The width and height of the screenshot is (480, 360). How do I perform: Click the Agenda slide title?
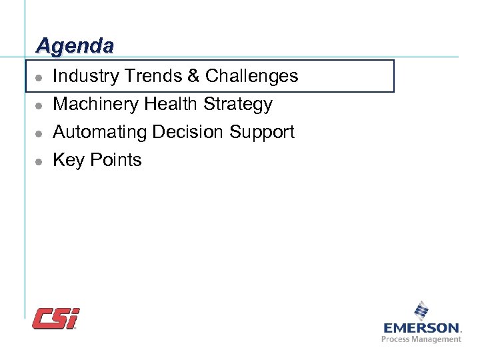pos(75,45)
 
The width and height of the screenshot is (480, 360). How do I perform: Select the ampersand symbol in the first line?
pos(193,76)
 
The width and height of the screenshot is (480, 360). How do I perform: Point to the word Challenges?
pos(251,76)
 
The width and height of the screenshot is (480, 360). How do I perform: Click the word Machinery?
pos(95,104)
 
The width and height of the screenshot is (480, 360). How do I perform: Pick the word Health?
pos(171,104)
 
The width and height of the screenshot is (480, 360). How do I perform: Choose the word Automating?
pos(100,132)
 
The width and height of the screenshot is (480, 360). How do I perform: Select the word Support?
pos(261,133)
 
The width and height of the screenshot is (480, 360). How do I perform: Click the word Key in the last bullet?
pos(67,160)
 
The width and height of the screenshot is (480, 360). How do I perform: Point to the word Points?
pos(114,160)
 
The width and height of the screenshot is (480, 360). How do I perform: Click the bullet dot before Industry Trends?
pos(39,77)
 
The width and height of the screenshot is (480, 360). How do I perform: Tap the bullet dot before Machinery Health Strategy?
pos(39,105)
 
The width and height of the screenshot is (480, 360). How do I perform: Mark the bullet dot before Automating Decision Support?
pos(39,133)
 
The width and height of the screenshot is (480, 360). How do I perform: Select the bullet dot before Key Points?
pos(39,161)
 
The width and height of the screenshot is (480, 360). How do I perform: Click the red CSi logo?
pos(56,318)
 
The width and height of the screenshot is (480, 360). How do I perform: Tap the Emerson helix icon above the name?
pos(421,311)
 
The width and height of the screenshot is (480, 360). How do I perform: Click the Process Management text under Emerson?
pos(421,339)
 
